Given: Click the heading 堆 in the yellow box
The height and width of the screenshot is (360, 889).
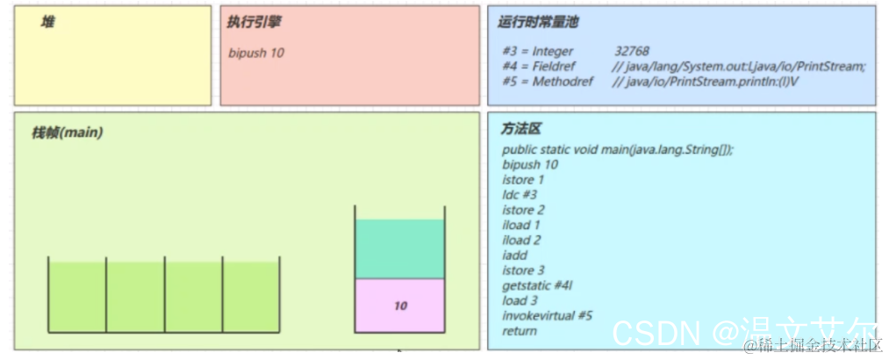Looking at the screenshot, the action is click(x=47, y=22).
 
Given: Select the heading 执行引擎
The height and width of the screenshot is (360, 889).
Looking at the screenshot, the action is click(x=254, y=22).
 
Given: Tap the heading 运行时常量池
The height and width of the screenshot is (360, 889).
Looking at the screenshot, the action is click(x=538, y=22).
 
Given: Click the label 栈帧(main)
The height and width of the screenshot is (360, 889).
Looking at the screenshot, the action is click(x=68, y=133).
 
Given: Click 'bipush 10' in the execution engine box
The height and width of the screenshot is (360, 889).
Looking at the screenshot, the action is click(x=256, y=53).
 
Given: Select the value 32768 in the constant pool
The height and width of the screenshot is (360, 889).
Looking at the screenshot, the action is click(x=632, y=52).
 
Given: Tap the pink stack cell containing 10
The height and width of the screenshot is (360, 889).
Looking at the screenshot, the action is click(x=400, y=306).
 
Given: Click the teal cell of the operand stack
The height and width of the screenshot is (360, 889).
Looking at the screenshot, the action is click(x=400, y=248).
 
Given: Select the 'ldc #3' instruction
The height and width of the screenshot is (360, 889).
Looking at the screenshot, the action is click(x=520, y=195).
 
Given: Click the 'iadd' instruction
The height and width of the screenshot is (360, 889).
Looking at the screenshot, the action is click(x=515, y=255).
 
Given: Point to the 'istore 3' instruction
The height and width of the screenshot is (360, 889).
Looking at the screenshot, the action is click(x=523, y=270).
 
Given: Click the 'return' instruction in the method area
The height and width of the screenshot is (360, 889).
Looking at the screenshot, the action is click(x=519, y=331).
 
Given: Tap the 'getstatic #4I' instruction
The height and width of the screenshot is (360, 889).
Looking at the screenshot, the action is click(x=538, y=285).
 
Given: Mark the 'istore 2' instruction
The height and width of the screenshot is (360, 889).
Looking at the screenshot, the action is click(x=523, y=210).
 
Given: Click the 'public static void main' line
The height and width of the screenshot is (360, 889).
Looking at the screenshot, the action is click(x=617, y=149).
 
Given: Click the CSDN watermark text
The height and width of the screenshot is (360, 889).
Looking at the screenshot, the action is click(x=656, y=333).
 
